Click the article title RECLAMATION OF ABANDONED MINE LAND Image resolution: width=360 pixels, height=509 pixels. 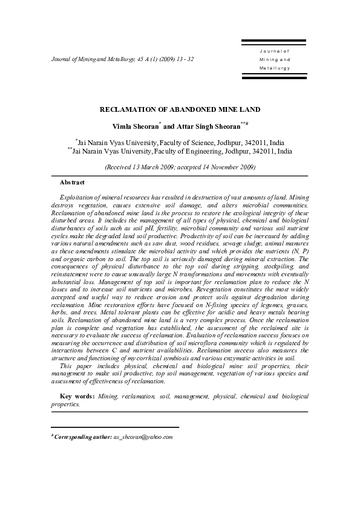click(x=180, y=109)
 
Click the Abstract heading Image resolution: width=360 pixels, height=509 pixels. click(x=72, y=182)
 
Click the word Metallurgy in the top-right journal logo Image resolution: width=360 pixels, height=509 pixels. click(x=274, y=68)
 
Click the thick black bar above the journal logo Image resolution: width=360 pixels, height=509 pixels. click(x=275, y=42)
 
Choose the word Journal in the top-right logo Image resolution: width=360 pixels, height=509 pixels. click(x=275, y=53)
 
